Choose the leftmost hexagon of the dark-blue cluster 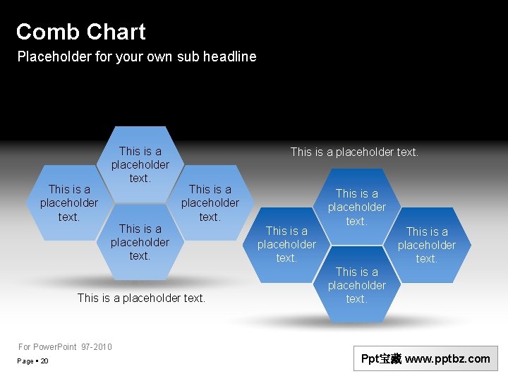(286, 244)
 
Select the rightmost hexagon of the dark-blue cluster (427, 244)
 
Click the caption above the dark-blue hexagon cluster (354, 152)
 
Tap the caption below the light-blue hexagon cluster (141, 298)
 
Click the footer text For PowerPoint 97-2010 (65, 346)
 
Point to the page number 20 (44, 361)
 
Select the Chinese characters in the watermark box (391, 358)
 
